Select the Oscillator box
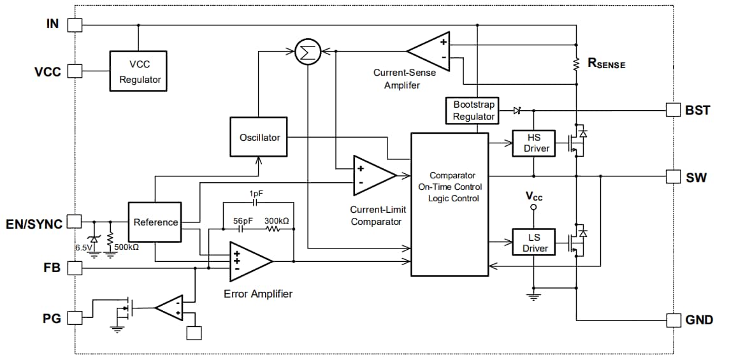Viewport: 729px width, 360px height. (259, 138)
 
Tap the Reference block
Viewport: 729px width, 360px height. (155, 222)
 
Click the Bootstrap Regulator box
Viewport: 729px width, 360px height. (473, 110)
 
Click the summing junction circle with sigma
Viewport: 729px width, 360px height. (308, 53)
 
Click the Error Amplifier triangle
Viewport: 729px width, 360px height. (249, 261)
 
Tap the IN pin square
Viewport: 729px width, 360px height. (75, 25)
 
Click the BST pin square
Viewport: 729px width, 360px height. (674, 110)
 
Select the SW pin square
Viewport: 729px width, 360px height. (674, 176)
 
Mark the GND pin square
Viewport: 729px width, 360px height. (674, 319)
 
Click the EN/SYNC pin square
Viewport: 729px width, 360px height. (75, 221)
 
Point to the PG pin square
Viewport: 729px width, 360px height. (75, 317)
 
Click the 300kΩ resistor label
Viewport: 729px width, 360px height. (276, 220)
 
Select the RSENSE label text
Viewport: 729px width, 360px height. (605, 64)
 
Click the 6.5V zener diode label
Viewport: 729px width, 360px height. (83, 246)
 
